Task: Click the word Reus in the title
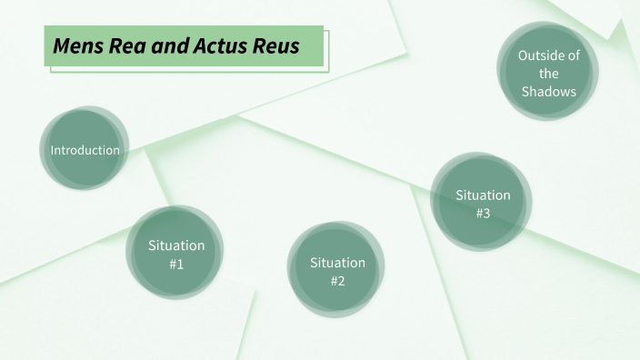(x=278, y=45)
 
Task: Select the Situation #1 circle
(x=176, y=253)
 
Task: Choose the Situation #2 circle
(x=336, y=270)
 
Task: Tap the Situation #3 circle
(x=482, y=203)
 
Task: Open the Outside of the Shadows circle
(x=548, y=73)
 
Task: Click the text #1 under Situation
(x=176, y=264)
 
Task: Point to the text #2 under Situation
(x=337, y=281)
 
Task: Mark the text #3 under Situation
(x=483, y=214)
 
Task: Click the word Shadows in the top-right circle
(x=549, y=92)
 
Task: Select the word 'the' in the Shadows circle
(x=548, y=74)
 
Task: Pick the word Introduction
(x=85, y=150)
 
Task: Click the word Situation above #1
(x=176, y=245)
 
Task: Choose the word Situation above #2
(x=337, y=263)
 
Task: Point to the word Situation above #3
(x=483, y=195)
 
